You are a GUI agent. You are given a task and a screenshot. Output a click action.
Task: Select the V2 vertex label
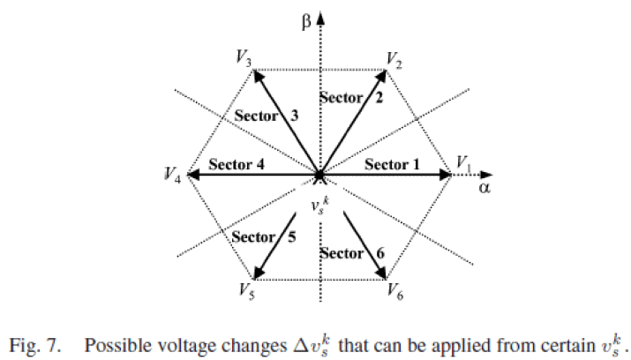394,58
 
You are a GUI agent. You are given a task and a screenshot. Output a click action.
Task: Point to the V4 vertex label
172,176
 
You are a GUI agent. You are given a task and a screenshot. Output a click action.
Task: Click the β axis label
306,18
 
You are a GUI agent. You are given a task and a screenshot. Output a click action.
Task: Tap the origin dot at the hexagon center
319,175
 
